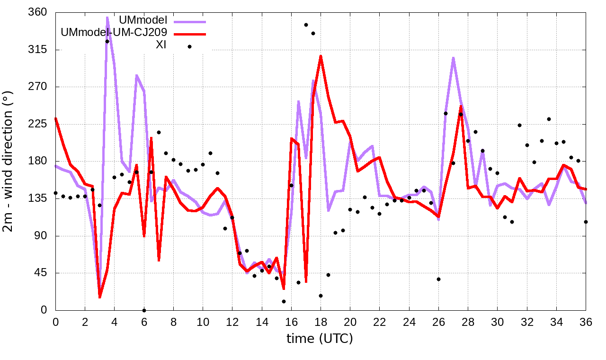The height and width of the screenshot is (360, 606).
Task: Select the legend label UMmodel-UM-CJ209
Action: [x=115, y=33]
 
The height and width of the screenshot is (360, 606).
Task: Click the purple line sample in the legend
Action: [x=189, y=22]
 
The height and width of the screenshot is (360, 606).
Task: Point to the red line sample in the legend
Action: [x=189, y=34]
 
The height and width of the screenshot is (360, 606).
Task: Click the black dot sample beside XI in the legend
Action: [x=189, y=46]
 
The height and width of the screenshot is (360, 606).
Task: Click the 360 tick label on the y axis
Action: [x=37, y=12]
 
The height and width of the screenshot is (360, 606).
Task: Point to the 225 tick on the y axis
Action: [x=37, y=124]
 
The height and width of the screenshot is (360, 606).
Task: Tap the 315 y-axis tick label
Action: [x=37, y=50]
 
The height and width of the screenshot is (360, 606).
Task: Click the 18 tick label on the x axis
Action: [x=321, y=322]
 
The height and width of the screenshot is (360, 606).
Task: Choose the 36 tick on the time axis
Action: [x=586, y=322]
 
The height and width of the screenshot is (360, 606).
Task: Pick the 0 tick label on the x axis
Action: [x=55, y=322]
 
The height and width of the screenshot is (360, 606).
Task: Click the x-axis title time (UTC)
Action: [x=320, y=339]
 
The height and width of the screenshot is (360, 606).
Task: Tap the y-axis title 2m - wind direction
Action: [x=9, y=162]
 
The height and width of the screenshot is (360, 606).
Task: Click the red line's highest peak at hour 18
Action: [x=321, y=56]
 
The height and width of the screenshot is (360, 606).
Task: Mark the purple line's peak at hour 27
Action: [x=453, y=58]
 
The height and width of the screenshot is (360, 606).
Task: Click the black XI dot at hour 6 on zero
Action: [x=144, y=310]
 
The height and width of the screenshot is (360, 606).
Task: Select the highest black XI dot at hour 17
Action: [x=306, y=25]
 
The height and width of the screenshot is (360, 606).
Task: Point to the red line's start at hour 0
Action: [x=55, y=118]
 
